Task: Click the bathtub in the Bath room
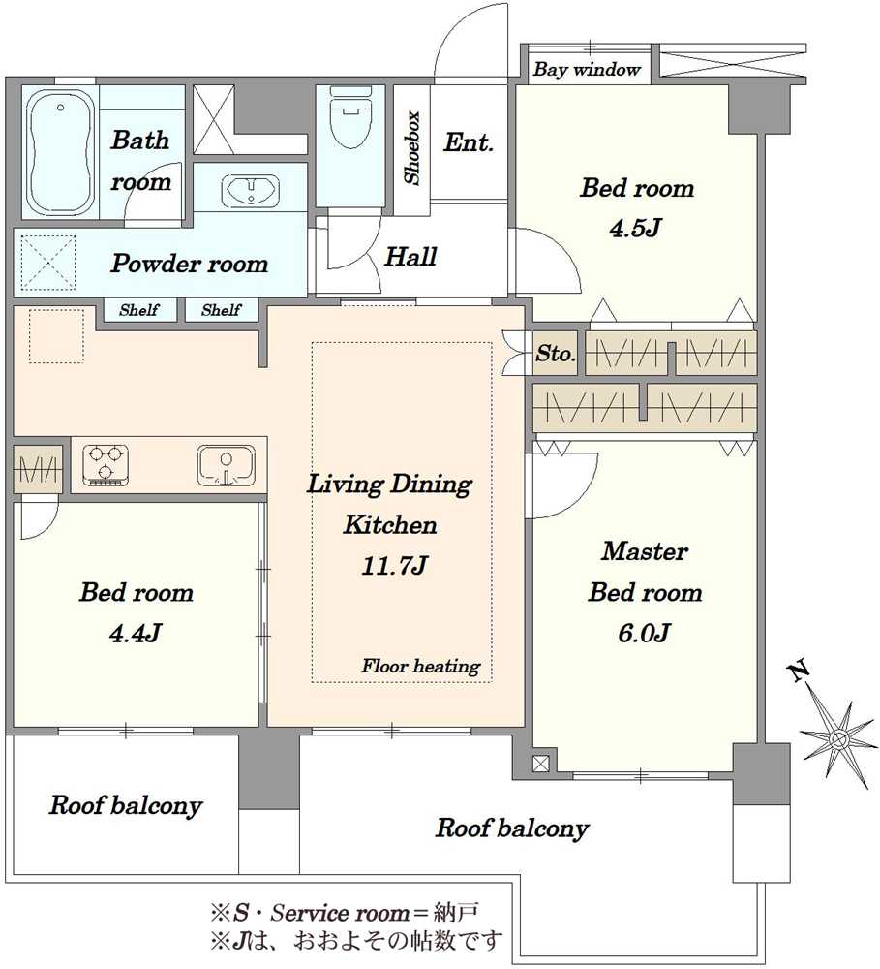pyautogui.click(x=61, y=151)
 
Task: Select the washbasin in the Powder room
pyautogui.click(x=250, y=189)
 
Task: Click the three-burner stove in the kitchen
pyautogui.click(x=106, y=465)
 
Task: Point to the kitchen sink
pyautogui.click(x=226, y=465)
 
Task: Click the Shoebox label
pyautogui.click(x=411, y=147)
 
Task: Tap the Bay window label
pyautogui.click(x=587, y=69)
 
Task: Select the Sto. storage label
pyautogui.click(x=556, y=354)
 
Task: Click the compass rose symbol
pyautogui.click(x=838, y=737)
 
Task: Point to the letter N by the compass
pyautogui.click(x=799, y=671)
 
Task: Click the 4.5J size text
pyautogui.click(x=635, y=228)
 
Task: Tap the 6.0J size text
pyautogui.click(x=644, y=633)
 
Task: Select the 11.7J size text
pyautogui.click(x=394, y=566)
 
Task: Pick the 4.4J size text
pyautogui.click(x=136, y=633)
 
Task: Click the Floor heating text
pyautogui.click(x=420, y=666)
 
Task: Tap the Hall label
pyautogui.click(x=410, y=257)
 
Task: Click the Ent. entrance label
pyautogui.click(x=469, y=142)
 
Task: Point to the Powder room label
pyautogui.click(x=190, y=264)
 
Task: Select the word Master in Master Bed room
pyautogui.click(x=645, y=551)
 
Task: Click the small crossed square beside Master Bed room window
pyautogui.click(x=541, y=764)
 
